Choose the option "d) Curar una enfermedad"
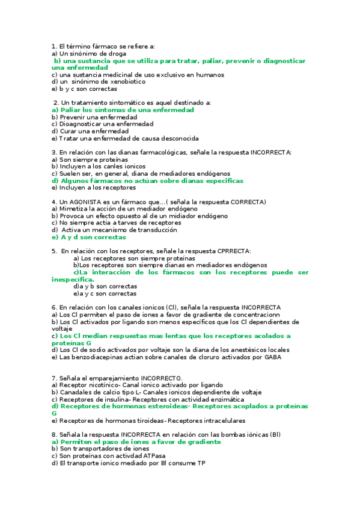(90, 131)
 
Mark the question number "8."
(55, 434)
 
